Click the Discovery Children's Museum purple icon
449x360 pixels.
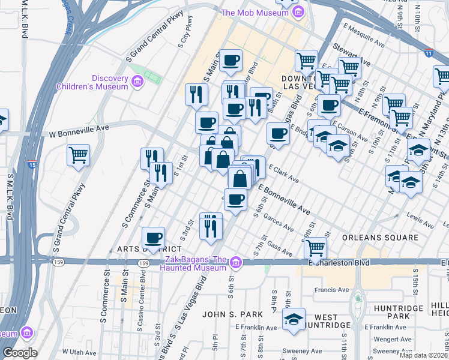pos(137,81)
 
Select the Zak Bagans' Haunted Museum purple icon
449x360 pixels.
pos(237,262)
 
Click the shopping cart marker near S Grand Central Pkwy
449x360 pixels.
pos(79,155)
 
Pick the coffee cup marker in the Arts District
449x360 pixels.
pos(153,238)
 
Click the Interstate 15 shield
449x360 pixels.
pos(32,163)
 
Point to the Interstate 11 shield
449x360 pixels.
pos(428,52)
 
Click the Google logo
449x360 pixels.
pos(20,353)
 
